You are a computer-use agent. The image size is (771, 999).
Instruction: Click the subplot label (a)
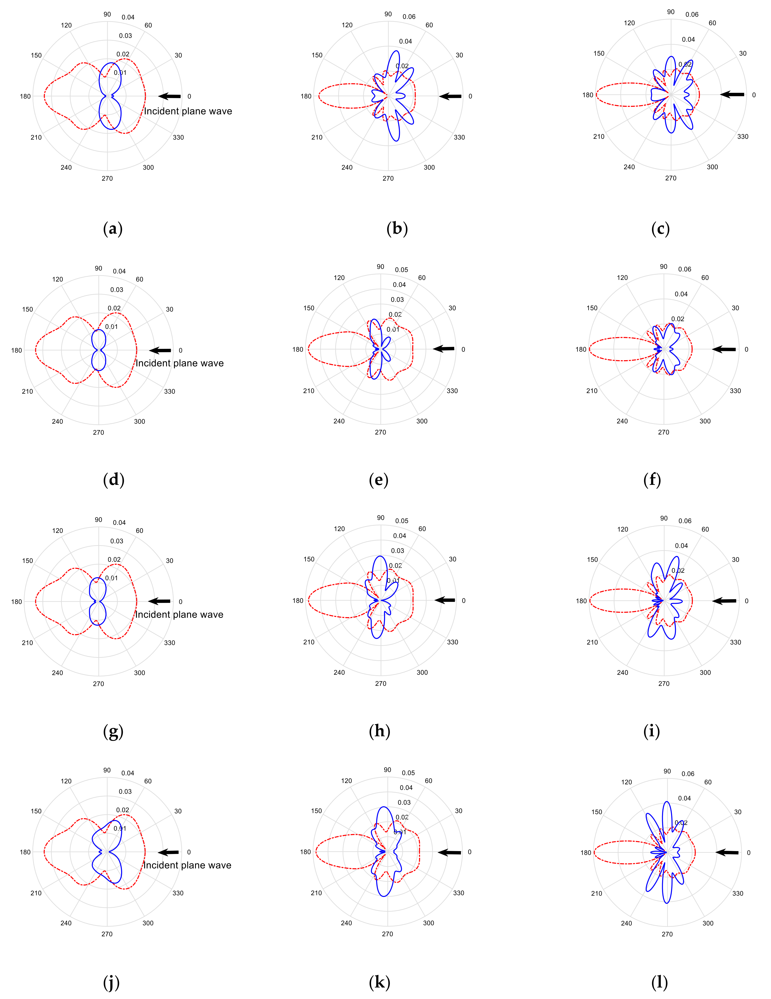[113, 228]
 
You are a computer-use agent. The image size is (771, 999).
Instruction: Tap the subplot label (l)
[659, 982]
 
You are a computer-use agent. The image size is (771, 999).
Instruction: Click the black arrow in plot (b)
[450, 96]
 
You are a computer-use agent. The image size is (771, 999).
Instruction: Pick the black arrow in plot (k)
[450, 852]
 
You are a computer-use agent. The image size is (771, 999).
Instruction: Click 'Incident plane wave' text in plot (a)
[188, 111]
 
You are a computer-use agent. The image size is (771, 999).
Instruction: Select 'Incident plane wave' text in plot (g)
[179, 614]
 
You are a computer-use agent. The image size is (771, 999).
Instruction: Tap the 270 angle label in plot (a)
[107, 178]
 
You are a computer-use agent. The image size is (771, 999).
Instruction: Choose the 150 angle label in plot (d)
[27, 309]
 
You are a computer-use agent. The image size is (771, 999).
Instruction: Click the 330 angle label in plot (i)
[735, 642]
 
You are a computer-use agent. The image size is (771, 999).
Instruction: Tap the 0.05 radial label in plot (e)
[401, 270]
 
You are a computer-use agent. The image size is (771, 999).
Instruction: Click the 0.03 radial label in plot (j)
[125, 791]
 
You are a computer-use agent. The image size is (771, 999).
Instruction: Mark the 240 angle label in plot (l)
[626, 923]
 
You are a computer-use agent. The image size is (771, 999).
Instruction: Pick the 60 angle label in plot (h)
[422, 529]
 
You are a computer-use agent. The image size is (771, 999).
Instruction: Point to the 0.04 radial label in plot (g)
[119, 522]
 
